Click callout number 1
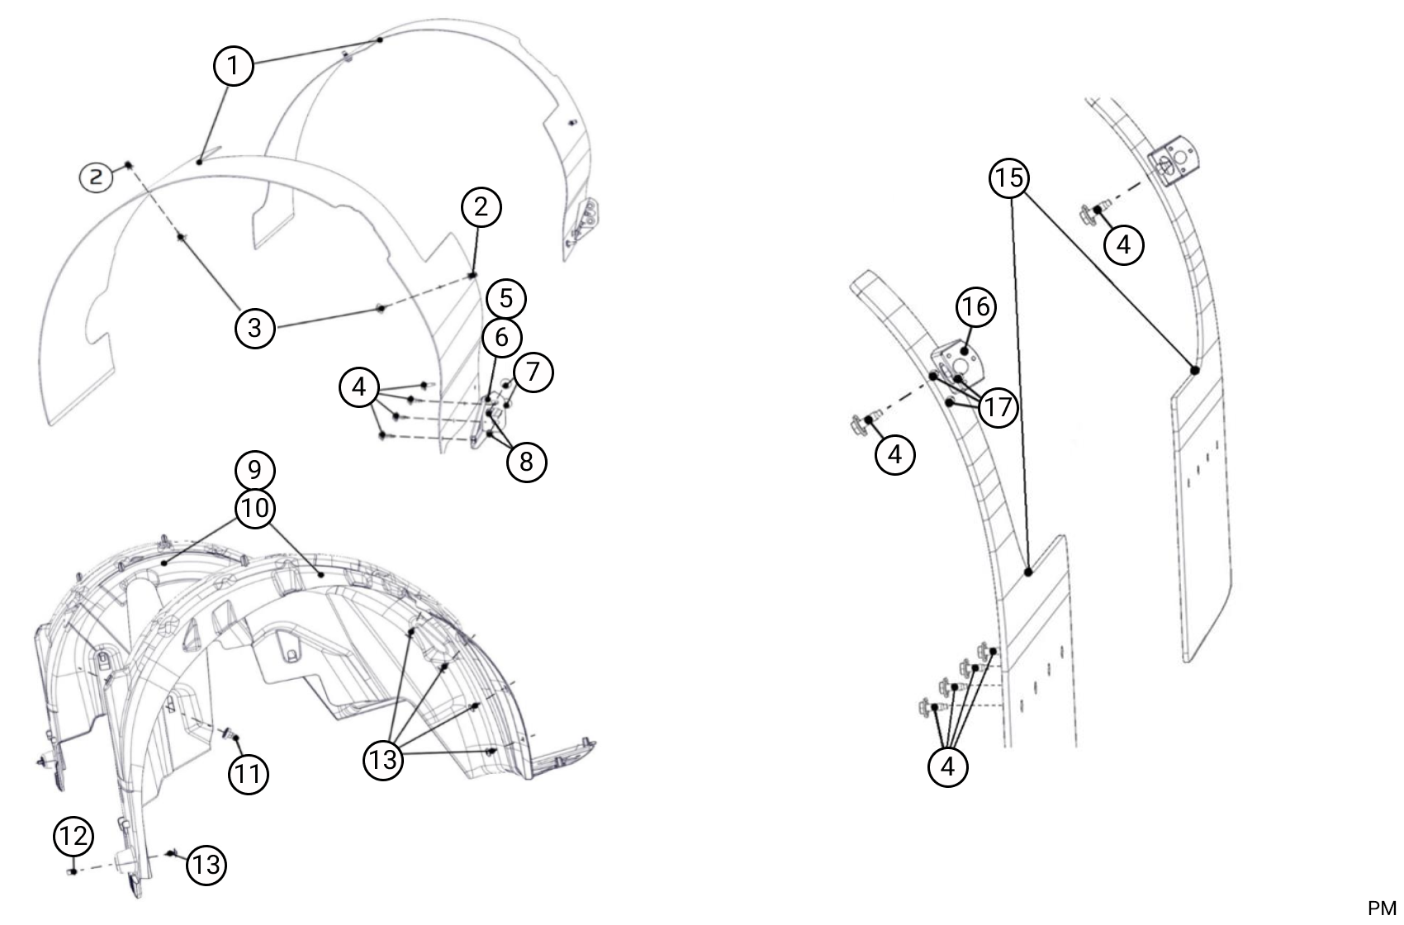click(233, 65)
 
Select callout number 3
click(254, 327)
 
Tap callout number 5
click(505, 299)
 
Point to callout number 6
click(501, 337)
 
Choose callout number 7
click(533, 372)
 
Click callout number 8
click(527, 462)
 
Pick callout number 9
click(254, 470)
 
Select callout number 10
click(255, 508)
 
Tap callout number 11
click(249, 774)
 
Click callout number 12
click(74, 836)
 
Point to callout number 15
click(1010, 178)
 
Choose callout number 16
click(976, 306)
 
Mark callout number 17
click(998, 407)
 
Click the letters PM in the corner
click(1382, 908)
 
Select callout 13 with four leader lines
click(383, 760)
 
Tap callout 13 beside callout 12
click(206, 865)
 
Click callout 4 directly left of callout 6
click(359, 387)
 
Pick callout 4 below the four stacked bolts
click(948, 766)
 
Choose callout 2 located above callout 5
click(481, 206)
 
